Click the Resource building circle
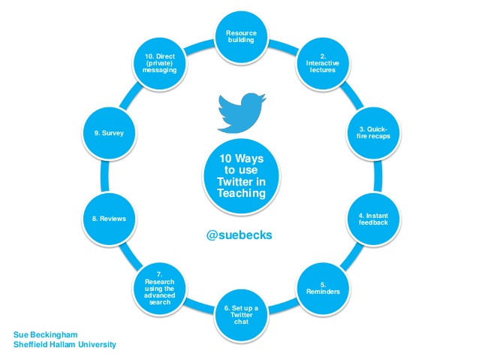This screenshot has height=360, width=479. tap(239, 36)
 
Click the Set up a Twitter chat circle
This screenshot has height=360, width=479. tap(239, 312)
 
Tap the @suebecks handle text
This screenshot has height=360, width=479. tap(238, 234)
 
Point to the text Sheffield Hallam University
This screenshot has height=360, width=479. tap(65, 345)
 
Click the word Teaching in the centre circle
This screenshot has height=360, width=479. tap(238, 194)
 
